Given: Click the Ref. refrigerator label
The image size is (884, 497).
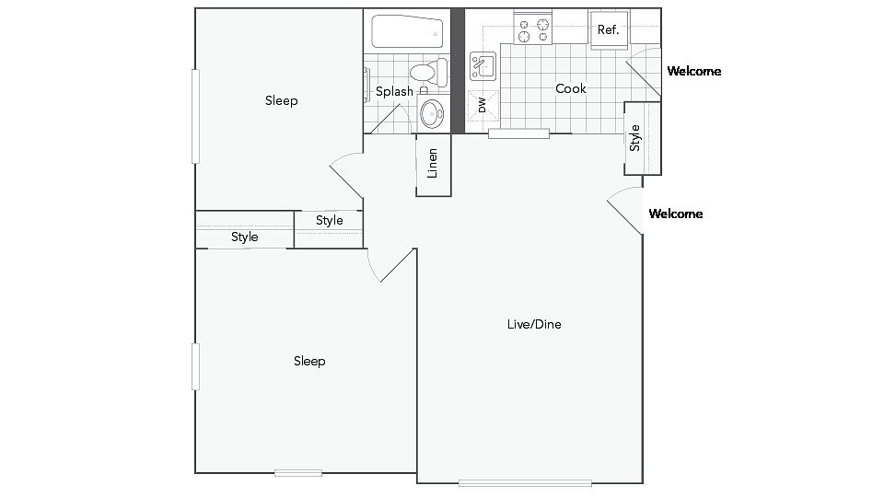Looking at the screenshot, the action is point(608,29).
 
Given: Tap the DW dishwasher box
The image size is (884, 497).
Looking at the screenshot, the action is point(483,105).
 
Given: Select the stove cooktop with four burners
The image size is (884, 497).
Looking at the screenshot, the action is point(533,28).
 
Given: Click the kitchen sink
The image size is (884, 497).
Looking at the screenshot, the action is point(483,66).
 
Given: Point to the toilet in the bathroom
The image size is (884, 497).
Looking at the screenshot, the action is point(429,72).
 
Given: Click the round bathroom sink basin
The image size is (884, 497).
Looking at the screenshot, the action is point(433,113).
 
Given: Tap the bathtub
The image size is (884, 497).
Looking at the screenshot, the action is point(408,32).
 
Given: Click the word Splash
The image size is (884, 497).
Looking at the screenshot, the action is point(394,91).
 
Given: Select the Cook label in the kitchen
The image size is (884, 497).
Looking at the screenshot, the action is point(571,88).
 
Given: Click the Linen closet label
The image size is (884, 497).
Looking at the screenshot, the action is point(433,164).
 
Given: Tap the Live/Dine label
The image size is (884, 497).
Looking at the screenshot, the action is point(534,324).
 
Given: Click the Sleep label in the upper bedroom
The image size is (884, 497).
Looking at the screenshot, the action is point(282,101).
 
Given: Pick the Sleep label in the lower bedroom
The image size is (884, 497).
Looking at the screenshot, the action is point(309,361).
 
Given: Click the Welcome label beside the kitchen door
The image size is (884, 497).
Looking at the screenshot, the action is point(694,71).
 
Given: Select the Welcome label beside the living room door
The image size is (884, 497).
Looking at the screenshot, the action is point(675,214).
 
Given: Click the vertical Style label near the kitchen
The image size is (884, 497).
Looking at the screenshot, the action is point(635,137).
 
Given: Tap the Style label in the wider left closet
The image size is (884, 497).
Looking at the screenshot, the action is point(245,237).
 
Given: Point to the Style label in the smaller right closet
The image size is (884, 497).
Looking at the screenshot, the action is point(330,220).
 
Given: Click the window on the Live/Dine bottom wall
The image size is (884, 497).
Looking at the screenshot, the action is point(525,483).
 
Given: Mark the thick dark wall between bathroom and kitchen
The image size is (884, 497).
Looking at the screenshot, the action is point(458,71).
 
